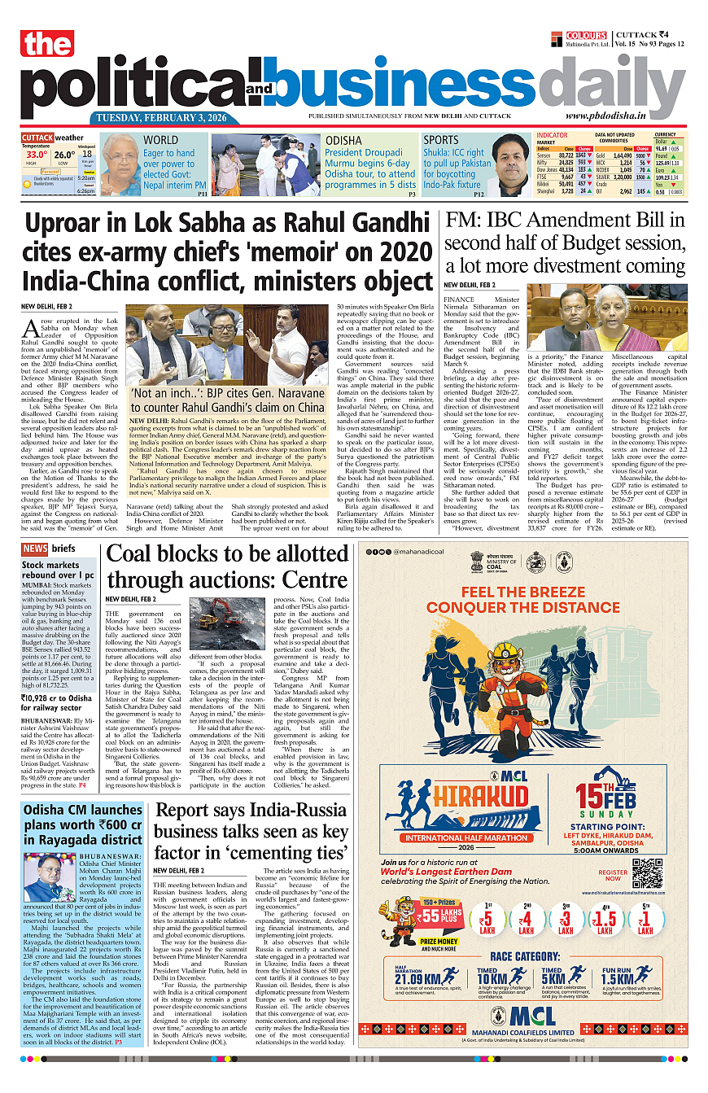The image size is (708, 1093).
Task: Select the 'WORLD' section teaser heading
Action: point(160,140)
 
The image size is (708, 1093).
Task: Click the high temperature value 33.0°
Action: point(36,155)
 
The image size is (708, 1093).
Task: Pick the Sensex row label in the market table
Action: point(544,155)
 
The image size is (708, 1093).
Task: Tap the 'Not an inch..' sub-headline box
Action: point(227,400)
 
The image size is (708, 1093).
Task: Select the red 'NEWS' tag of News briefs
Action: point(35,549)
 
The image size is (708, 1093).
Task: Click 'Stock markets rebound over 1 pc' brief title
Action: point(58,570)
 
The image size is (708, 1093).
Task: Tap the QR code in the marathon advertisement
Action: point(648,874)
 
